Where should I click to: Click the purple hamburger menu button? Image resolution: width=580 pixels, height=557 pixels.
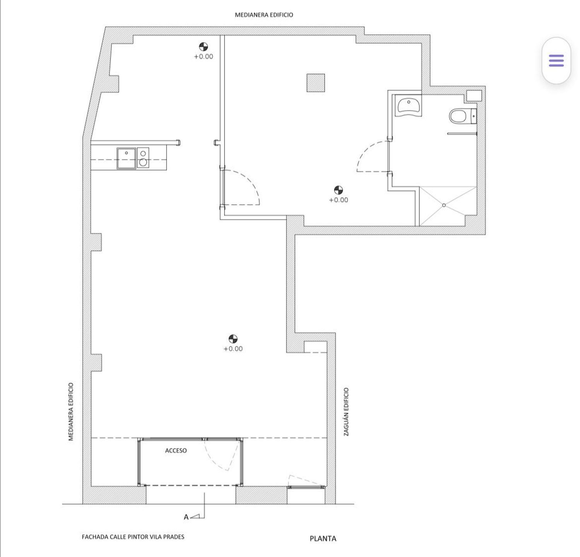pos(556,61)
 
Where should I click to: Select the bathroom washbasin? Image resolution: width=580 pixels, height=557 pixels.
pos(408,106)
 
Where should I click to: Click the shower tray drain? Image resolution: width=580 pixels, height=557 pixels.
pos(444,205)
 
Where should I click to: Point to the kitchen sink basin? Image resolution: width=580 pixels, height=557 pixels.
pos(126,158)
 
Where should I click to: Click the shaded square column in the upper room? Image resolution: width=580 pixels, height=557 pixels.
pos(316,83)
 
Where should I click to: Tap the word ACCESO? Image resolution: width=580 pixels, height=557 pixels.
pos(176,450)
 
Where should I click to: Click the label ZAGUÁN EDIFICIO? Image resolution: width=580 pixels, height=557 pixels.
pos(346,412)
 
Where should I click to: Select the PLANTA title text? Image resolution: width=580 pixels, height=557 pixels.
pos(323,538)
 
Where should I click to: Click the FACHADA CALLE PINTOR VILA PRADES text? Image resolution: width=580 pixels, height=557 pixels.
pos(133,537)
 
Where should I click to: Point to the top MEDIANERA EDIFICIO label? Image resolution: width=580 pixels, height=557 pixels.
pos(264,15)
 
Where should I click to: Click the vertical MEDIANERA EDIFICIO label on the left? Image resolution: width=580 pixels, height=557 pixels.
pos(71,412)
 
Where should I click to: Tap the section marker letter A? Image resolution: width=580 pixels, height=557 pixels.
pos(186,517)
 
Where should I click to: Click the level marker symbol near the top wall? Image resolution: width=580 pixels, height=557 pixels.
pos(203,47)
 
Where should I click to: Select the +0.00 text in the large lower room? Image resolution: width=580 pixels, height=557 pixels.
pos(233,349)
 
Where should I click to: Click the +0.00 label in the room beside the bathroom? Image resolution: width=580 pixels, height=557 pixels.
pos(338,200)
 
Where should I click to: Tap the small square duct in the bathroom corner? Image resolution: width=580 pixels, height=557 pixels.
pos(474,95)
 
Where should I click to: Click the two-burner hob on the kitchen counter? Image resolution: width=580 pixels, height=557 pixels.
pos(143,158)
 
